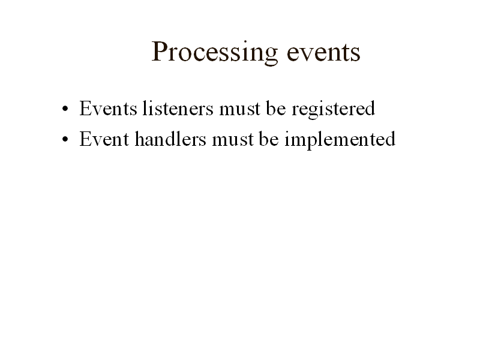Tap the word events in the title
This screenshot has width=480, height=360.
coord(323,53)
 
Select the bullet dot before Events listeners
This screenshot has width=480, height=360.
coord(64,111)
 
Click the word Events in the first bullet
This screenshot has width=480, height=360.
coord(107,109)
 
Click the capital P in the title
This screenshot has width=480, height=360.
coord(158,52)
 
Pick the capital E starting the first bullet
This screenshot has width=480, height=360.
coord(85,109)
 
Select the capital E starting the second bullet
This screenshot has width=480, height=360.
coord(85,140)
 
